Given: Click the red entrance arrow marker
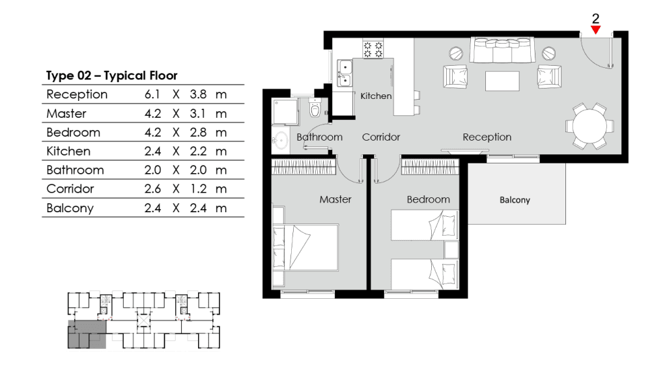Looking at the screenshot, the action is tap(595, 30).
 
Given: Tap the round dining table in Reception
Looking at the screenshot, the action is tap(589, 126).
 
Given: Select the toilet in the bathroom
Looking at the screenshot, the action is tap(315, 109).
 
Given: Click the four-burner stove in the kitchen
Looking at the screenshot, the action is tap(373, 48).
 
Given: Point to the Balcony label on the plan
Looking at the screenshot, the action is tap(515, 200).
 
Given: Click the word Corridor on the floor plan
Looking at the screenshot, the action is tap(380, 137).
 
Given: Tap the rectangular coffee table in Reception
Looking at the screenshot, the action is tap(502, 81).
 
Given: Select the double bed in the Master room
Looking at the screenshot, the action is tap(305, 247).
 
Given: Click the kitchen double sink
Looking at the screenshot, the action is tap(345, 73).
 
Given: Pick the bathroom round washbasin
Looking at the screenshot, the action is tap(280, 141).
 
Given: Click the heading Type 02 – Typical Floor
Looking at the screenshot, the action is tap(111, 76).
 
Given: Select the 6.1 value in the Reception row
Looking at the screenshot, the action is tap(152, 94).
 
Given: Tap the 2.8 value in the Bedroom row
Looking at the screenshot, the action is tap(198, 132).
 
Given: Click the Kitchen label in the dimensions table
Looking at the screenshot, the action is tap(68, 151).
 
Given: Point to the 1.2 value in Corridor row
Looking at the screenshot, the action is tap(198, 189).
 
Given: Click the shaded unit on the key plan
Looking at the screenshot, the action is tap(87, 335).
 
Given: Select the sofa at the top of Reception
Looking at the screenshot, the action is tap(502, 49).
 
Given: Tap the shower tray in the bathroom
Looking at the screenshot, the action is tap(285, 112).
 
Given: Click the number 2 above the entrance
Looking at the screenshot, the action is tap(595, 18).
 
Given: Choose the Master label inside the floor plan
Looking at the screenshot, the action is tap(335, 199).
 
